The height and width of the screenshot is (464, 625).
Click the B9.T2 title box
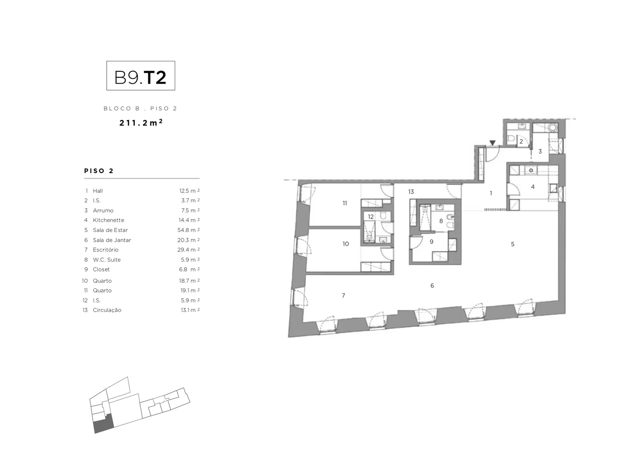tap(141, 76)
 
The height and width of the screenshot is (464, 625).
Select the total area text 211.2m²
tap(141, 123)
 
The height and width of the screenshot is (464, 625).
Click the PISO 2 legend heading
tap(99, 171)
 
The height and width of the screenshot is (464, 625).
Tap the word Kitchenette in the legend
tap(109, 220)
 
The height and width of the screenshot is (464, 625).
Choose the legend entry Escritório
tap(106, 250)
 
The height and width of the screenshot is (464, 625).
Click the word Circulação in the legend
tap(107, 310)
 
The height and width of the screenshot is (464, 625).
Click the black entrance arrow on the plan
tap(492, 143)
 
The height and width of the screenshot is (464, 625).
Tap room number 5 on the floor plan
tap(513, 244)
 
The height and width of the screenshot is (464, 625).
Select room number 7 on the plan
tap(343, 296)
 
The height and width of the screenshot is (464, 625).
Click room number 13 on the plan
tap(411, 192)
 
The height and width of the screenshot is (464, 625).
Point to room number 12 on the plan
tap(371, 217)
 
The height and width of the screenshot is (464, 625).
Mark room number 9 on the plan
tap(432, 242)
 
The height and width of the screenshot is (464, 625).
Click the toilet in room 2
tap(511, 139)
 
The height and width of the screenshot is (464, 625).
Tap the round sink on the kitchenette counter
tap(531, 171)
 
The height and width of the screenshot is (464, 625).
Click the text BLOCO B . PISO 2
tap(140, 109)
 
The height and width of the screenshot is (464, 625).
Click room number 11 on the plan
tap(344, 203)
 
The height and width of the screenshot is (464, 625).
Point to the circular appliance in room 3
tap(553, 128)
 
